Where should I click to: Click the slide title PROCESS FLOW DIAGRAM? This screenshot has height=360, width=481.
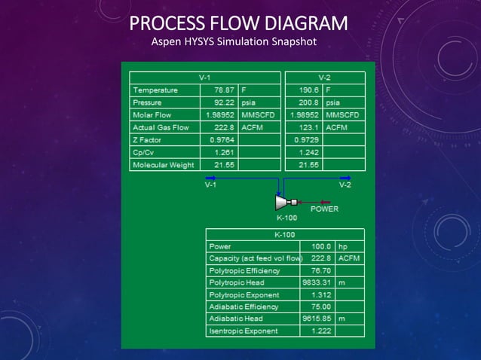pos(238,23)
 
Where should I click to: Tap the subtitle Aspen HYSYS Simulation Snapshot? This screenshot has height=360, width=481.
pos(234,41)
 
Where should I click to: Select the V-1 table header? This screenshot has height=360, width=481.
pos(204,78)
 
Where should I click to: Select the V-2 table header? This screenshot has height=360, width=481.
pos(324,78)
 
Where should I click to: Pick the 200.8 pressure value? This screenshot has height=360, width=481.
pos(308,102)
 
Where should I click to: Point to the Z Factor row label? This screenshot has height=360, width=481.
pos(147,140)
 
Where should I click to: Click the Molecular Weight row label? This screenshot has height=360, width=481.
pos(163,165)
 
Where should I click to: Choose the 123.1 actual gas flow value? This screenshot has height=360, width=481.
pos(308,127)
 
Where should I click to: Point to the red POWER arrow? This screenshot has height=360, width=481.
pos(323,201)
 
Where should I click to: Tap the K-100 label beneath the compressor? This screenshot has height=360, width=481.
pos(286,218)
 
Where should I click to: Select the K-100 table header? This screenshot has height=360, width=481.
pos(285,234)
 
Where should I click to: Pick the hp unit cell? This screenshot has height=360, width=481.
pos(344,246)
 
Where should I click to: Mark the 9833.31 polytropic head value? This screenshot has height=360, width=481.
pos(317,282)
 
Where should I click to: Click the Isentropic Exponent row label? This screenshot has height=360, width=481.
pos(243,331)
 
